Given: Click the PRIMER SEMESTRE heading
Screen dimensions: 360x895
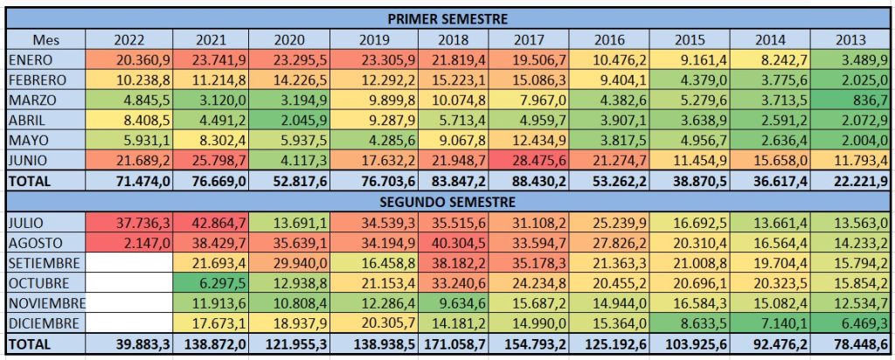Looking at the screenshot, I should pyautogui.click(x=447, y=17).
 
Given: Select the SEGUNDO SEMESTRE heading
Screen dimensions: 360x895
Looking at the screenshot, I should pyautogui.click(x=447, y=200).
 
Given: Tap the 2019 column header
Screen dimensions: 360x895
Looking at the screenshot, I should pyautogui.click(x=377, y=39).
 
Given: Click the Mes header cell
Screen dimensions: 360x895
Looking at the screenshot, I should pyautogui.click(x=46, y=39).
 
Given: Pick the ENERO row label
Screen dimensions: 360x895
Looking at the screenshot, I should pyautogui.click(x=31, y=59).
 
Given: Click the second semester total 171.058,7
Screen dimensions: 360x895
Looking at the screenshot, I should pyautogui.click(x=454, y=344).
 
